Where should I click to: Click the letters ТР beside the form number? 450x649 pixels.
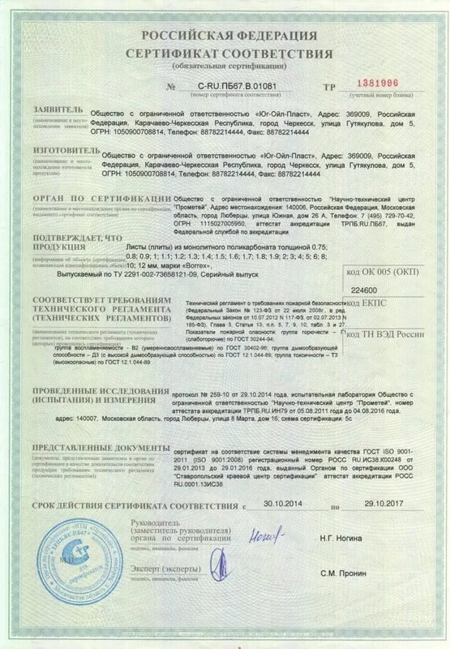point(328,84)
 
